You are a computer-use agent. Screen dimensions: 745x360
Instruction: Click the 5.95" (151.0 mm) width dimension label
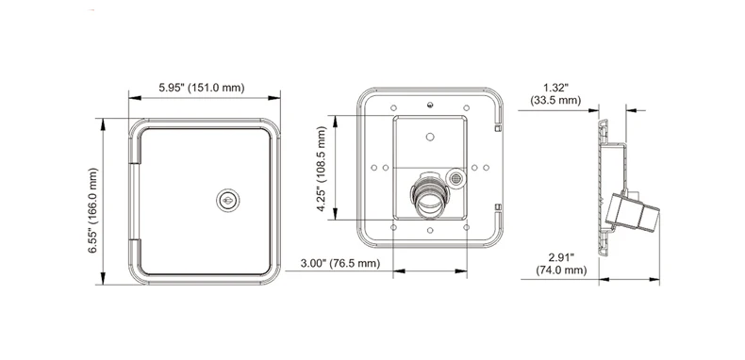(202, 88)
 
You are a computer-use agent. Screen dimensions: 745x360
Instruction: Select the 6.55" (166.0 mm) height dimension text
(92, 210)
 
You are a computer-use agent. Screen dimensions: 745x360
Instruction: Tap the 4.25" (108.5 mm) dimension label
(322, 169)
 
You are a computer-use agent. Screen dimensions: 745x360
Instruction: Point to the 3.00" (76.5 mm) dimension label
(340, 263)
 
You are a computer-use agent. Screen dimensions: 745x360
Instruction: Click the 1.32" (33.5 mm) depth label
(555, 93)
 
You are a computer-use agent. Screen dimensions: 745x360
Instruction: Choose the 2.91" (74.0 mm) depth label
(561, 264)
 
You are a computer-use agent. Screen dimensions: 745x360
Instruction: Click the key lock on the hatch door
(227, 201)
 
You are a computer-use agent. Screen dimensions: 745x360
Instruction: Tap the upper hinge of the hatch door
(135, 148)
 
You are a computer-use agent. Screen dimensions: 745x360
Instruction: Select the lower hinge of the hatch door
(135, 256)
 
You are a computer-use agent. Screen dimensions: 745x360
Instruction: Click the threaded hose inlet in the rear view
(429, 195)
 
